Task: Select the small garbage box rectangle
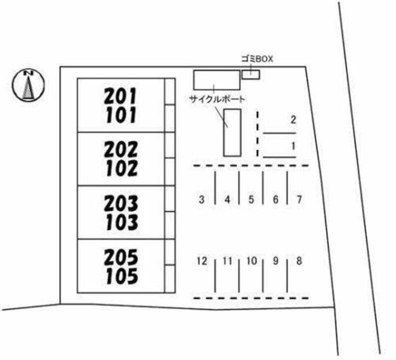(x=251, y=74)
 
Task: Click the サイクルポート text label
(x=217, y=99)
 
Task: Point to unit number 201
(x=120, y=95)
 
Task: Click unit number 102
(x=121, y=169)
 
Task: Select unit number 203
(x=121, y=202)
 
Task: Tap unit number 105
(x=121, y=276)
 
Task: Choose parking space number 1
(x=294, y=146)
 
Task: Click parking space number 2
(x=294, y=119)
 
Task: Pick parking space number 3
(x=201, y=199)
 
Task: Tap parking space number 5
(x=251, y=199)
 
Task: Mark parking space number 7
(x=299, y=199)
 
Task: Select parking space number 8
(x=299, y=260)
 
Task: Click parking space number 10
(x=252, y=260)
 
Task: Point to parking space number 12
(x=201, y=260)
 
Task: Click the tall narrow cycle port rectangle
(x=232, y=132)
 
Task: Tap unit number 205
(x=121, y=257)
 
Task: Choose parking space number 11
(x=227, y=260)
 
